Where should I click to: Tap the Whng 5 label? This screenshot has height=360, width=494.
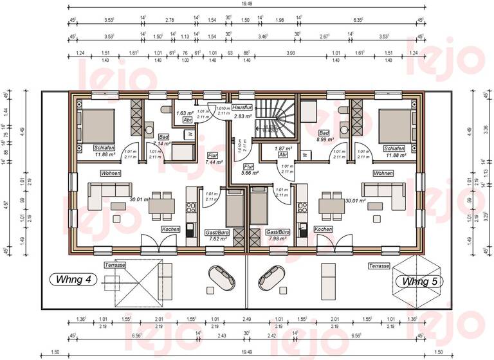(x=419, y=282)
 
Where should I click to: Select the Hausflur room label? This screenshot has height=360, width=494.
(x=242, y=107)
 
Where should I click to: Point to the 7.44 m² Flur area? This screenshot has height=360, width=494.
(x=214, y=163)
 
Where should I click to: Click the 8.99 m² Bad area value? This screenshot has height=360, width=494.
(x=326, y=139)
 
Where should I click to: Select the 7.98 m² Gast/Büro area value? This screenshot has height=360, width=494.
(x=277, y=239)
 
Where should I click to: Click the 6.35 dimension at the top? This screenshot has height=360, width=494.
(x=358, y=21)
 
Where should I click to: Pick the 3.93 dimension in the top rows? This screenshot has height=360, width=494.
(x=290, y=53)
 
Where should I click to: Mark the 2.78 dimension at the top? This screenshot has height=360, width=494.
(x=170, y=21)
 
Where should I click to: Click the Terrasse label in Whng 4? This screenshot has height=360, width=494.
(x=114, y=265)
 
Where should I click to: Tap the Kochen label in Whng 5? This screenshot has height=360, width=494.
(x=323, y=229)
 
